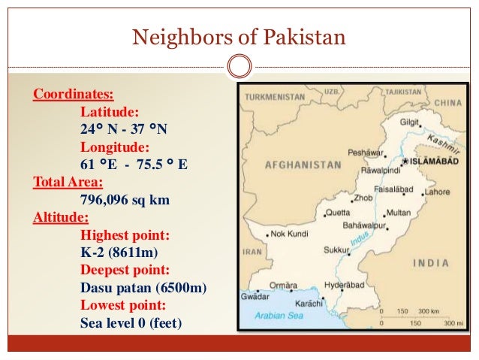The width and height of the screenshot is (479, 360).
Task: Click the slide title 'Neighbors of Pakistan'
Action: (x=239, y=35)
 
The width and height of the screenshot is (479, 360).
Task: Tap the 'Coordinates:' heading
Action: (x=74, y=95)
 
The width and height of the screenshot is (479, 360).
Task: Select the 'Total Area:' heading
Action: (x=68, y=183)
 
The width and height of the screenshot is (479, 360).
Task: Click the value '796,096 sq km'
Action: (x=125, y=201)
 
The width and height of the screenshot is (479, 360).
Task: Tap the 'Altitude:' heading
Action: (x=60, y=219)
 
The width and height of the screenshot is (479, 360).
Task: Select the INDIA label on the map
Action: (x=432, y=263)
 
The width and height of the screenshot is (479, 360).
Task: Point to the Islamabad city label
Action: (x=430, y=161)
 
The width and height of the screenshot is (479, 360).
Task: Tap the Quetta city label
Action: (x=339, y=213)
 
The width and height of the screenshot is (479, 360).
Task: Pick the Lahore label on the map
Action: (x=437, y=192)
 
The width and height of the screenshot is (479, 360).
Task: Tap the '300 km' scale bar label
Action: (x=429, y=310)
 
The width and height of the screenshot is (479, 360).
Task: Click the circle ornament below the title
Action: (x=239, y=66)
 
